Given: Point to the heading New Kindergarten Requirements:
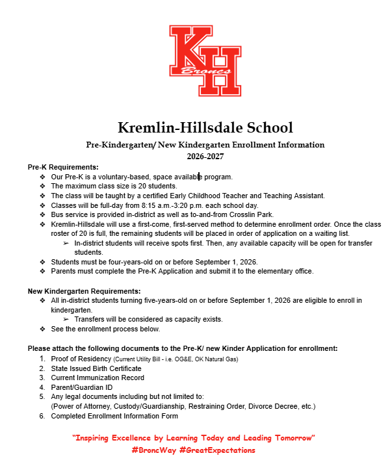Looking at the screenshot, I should point(84,290).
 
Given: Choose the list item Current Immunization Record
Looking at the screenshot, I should point(98,378).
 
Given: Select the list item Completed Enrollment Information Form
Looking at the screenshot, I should point(114,416).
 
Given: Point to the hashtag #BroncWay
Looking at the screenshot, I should point(157,450).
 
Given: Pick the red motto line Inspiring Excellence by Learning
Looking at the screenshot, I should point(194,437).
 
